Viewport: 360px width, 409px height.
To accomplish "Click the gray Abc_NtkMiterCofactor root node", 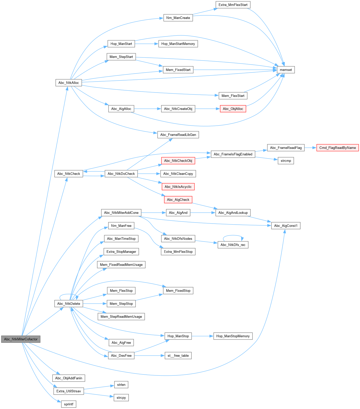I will (21, 339).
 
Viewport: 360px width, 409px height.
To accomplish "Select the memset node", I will (286, 70).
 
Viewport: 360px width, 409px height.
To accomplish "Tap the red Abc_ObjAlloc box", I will (233, 109).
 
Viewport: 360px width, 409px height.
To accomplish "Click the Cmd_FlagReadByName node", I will (337, 148).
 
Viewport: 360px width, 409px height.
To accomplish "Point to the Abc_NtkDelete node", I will (69, 304).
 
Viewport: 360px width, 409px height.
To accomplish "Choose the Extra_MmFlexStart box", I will (233, 5).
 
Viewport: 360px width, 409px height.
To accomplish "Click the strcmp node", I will (286, 161).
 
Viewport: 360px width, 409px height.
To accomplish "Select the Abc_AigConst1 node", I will (286, 226).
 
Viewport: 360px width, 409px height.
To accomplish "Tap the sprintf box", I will (69, 404).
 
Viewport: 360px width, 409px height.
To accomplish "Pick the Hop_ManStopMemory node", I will (233, 336).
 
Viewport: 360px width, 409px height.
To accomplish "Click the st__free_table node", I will (178, 355).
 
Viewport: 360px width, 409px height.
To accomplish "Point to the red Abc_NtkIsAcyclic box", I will (178, 187).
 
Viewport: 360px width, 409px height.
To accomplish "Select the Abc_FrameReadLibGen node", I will (178, 135).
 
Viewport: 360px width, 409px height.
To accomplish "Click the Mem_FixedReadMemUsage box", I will (121, 265).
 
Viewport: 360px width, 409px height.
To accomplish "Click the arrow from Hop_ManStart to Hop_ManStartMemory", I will (147, 44).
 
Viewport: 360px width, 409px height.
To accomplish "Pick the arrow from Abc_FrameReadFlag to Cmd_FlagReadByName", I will (310, 148).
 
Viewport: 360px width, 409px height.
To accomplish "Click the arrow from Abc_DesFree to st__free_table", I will (149, 355).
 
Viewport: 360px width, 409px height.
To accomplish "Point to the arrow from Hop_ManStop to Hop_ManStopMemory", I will (203, 336).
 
